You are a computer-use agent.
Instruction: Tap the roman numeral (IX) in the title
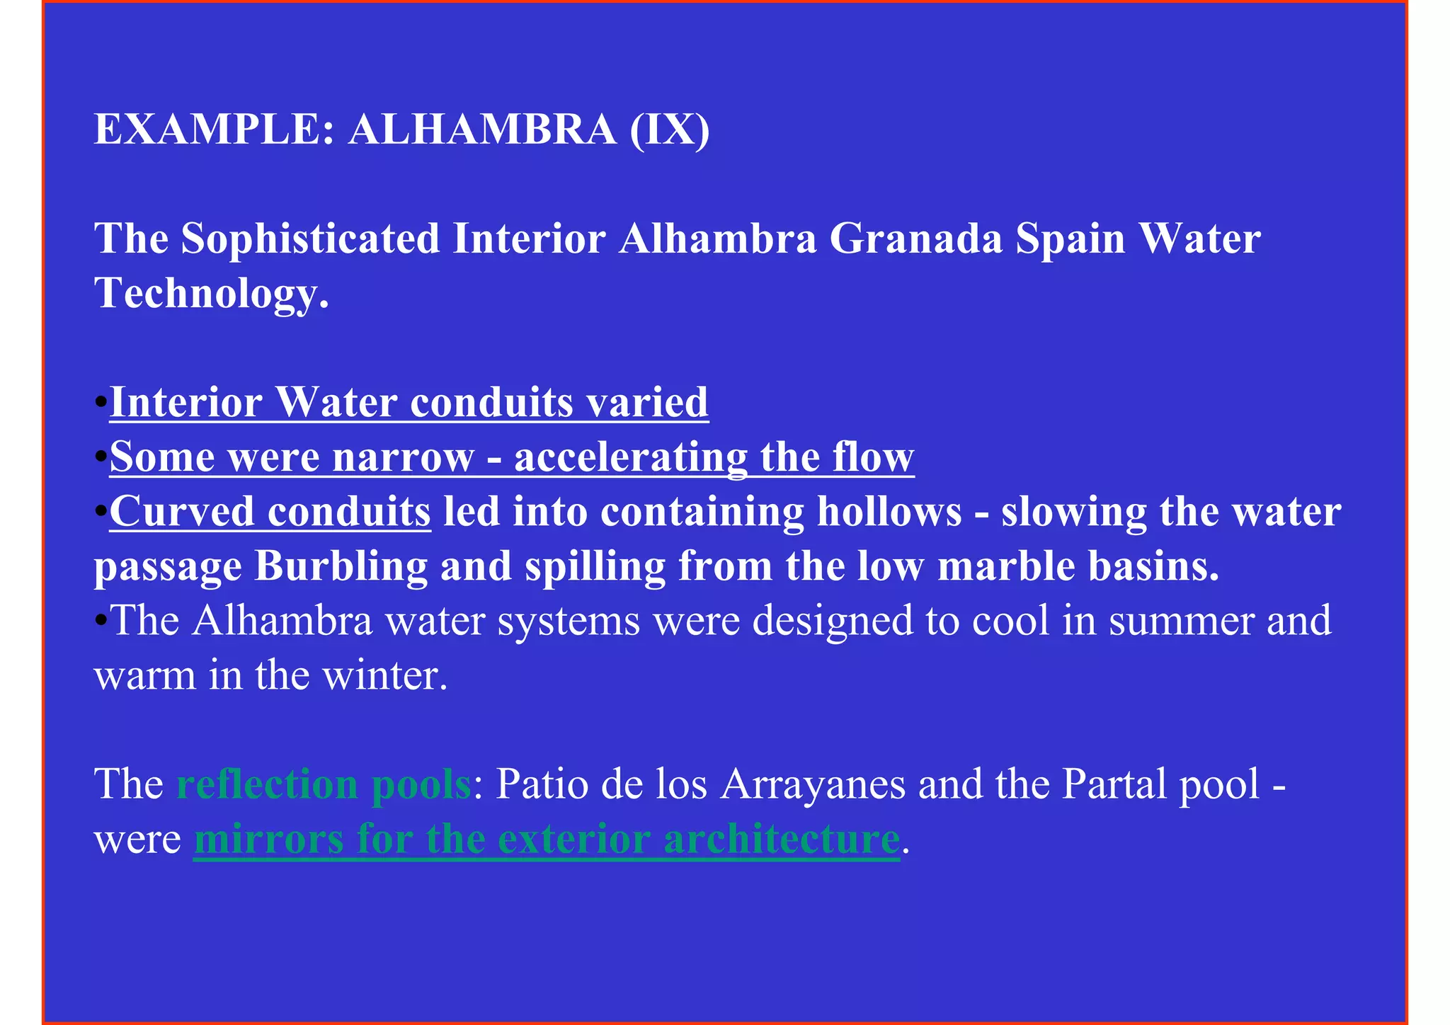point(669,130)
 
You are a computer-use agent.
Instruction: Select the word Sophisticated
point(311,239)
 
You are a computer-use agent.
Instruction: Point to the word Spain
point(1071,239)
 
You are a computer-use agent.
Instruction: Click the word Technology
point(211,293)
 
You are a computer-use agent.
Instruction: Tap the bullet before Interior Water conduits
point(101,403)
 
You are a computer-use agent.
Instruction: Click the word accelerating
point(630,457)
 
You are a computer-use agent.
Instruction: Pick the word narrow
point(403,457)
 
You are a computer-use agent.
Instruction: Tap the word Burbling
point(341,566)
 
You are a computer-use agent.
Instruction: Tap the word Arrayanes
point(813,784)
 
